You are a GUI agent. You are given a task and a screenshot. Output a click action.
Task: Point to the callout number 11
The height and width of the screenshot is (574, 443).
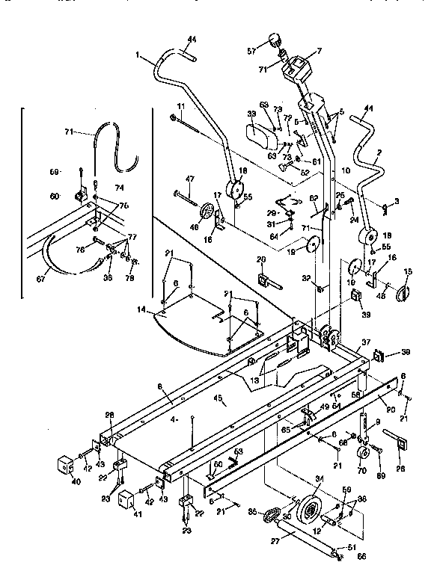[180, 106]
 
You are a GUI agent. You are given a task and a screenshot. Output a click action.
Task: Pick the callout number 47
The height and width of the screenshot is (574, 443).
[189, 180]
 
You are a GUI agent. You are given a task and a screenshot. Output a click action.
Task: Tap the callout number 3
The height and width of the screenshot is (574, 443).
[397, 202]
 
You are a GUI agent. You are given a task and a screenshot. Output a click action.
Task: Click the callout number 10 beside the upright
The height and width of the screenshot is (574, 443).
[346, 171]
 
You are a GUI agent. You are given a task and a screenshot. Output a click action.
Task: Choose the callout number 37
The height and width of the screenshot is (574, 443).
[367, 342]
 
